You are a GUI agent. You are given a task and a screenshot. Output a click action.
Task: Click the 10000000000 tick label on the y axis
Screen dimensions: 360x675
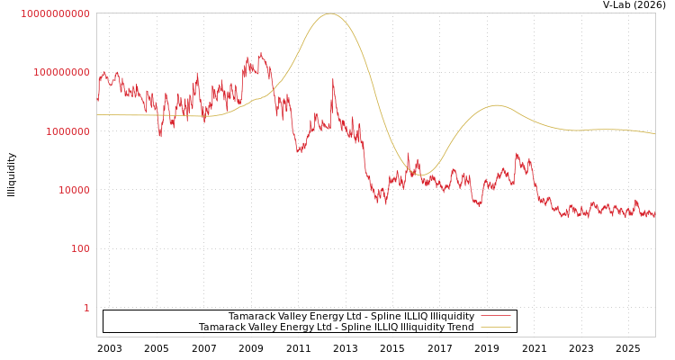coord(55,13)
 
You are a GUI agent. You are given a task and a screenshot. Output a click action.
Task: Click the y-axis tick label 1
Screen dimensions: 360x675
coord(86,308)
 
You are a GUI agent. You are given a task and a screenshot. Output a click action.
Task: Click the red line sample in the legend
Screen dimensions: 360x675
coord(495,317)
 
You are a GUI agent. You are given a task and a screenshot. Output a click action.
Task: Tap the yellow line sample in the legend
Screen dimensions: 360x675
coord(495,328)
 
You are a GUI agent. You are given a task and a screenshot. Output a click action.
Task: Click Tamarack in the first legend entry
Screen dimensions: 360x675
coord(253,317)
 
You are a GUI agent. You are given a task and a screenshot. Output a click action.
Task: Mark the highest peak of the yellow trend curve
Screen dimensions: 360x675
coord(330,13)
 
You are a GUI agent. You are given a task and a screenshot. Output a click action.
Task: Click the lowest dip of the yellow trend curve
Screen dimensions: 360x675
coord(422,175)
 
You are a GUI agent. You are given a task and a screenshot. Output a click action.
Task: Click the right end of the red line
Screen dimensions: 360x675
coord(654,216)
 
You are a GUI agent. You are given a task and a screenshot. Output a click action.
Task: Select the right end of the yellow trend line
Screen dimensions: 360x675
coord(654,134)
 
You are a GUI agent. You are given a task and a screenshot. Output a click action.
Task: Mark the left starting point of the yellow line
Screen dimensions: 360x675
coord(97,114)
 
